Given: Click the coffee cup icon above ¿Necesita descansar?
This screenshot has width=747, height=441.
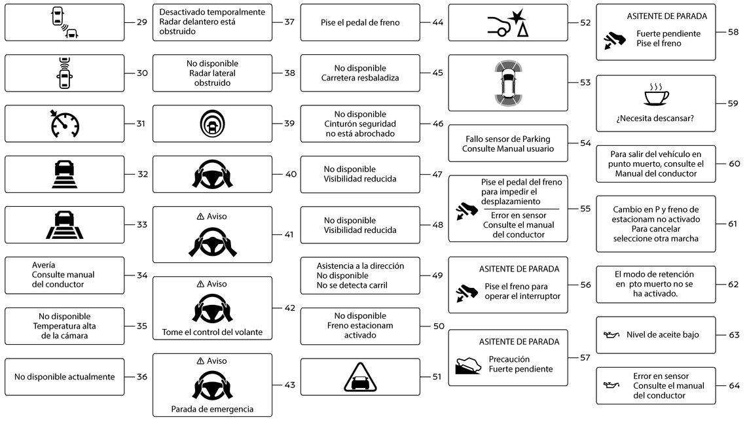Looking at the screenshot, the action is [656, 94].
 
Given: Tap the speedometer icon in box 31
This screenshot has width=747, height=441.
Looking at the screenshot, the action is [64, 124].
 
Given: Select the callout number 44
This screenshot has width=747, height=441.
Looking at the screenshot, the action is [438, 22].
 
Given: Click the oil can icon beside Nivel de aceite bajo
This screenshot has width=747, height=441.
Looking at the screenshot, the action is [611, 335].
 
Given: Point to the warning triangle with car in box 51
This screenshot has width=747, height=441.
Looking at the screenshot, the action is [360, 377].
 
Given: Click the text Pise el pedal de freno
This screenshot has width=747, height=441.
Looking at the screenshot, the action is [360, 22].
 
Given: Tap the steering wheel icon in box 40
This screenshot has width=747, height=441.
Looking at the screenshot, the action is [213, 174].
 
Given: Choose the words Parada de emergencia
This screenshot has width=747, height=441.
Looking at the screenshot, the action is [213, 409].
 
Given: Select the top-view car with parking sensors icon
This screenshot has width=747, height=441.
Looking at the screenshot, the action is [508, 83].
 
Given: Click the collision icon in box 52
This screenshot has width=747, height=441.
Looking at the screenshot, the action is [508, 23].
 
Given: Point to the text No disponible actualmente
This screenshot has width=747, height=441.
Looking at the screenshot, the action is [64, 377].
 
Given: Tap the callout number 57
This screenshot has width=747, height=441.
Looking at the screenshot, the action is [585, 358].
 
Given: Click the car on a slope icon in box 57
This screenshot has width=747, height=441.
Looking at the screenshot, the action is [468, 365].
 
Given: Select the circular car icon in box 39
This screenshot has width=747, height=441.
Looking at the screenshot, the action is [213, 124].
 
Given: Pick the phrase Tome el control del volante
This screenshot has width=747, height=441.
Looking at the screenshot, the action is [213, 332].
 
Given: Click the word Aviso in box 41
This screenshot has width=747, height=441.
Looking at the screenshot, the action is [217, 216].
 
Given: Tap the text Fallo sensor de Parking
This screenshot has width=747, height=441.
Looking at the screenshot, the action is [508, 139].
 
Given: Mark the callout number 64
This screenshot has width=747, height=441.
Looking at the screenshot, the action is [734, 386].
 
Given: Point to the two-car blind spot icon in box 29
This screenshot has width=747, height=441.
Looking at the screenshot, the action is [64, 22].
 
